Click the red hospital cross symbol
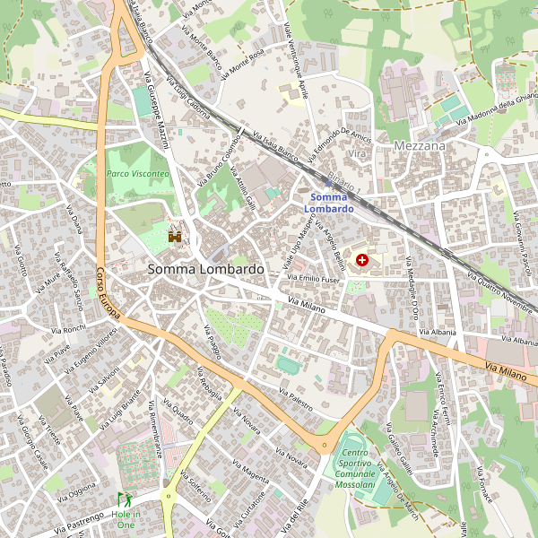click(362, 260)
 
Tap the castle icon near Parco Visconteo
click(175, 236)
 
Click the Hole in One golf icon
click(124, 499)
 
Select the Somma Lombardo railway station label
click(328, 203)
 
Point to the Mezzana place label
click(420, 145)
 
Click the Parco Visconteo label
click(137, 173)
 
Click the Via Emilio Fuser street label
click(313, 279)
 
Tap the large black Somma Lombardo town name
click(205, 269)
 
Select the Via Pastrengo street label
click(80, 520)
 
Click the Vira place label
click(358, 155)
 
